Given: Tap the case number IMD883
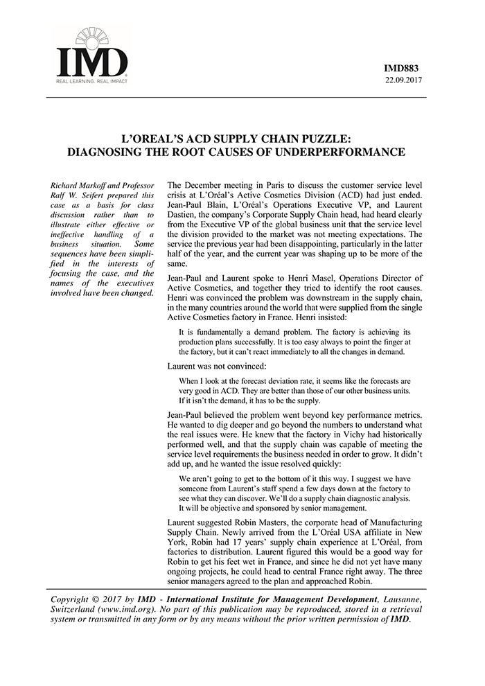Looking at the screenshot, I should tap(405, 68).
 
